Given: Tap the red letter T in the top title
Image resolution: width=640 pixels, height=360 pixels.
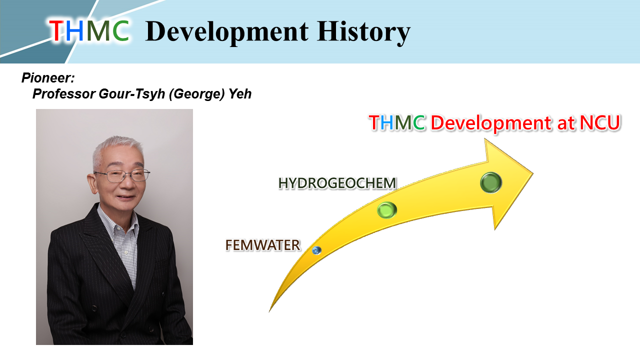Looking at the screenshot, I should click(56, 31).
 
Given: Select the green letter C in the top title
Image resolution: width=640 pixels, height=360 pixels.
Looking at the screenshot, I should click(120, 31).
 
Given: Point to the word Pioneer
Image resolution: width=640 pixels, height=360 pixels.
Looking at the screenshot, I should click(47, 78).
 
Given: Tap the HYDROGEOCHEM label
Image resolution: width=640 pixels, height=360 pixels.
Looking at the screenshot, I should click(337, 183).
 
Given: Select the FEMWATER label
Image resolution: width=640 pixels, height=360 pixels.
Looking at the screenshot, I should click(262, 245).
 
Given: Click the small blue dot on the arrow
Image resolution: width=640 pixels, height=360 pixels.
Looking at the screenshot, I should click(316, 250).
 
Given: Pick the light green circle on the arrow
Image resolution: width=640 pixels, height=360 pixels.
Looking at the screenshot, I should click(387, 210).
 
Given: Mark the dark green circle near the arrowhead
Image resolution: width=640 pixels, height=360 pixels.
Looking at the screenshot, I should click(490, 182).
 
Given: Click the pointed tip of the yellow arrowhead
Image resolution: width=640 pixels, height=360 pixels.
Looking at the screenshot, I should click(532, 173).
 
